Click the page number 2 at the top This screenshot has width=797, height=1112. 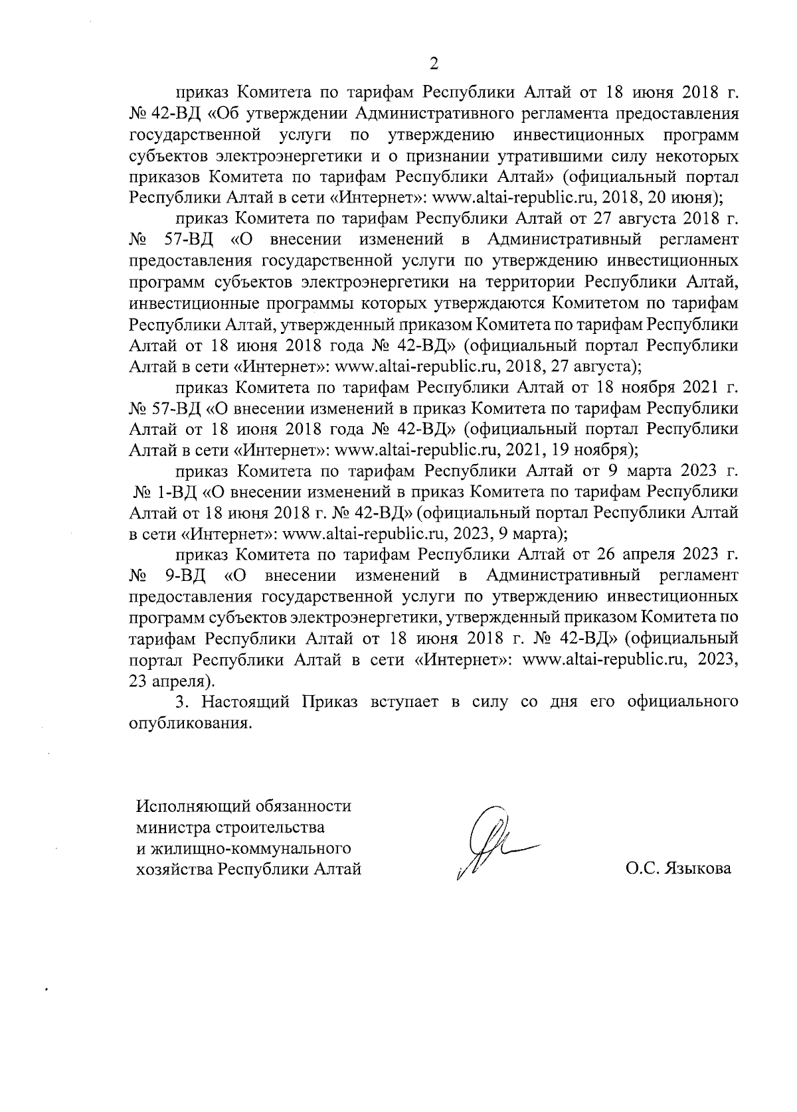pos(434,64)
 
